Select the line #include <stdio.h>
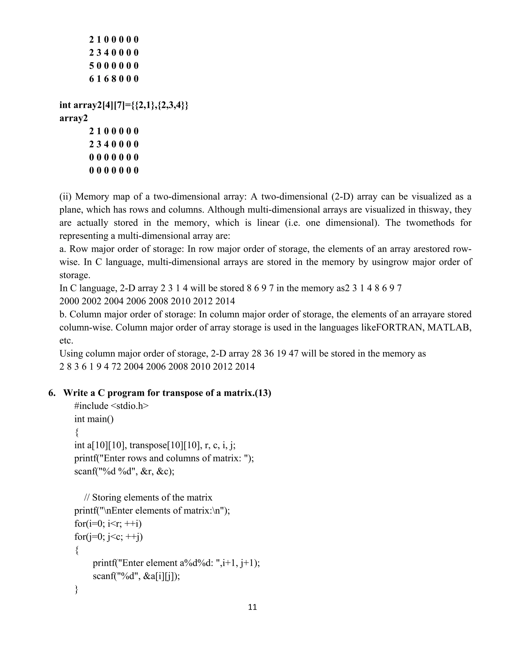pyautogui.click(x=111, y=406)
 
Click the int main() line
pyautogui.click(x=94, y=419)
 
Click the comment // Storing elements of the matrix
pyautogui.click(x=148, y=498)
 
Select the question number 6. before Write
pyautogui.click(x=52, y=393)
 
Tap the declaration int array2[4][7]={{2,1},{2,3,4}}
pyautogui.click(x=124, y=105)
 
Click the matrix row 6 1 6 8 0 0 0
pyautogui.click(x=114, y=79)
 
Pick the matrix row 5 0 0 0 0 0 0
pyautogui.click(x=114, y=66)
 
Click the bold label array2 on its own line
pyautogui.click(x=73, y=118)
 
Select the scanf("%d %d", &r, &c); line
pyautogui.click(x=124, y=471)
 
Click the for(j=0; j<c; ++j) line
pyautogui.click(x=108, y=537)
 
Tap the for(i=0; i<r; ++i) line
pyautogui.click(x=108, y=524)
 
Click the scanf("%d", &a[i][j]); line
pyautogui.click(x=136, y=576)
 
